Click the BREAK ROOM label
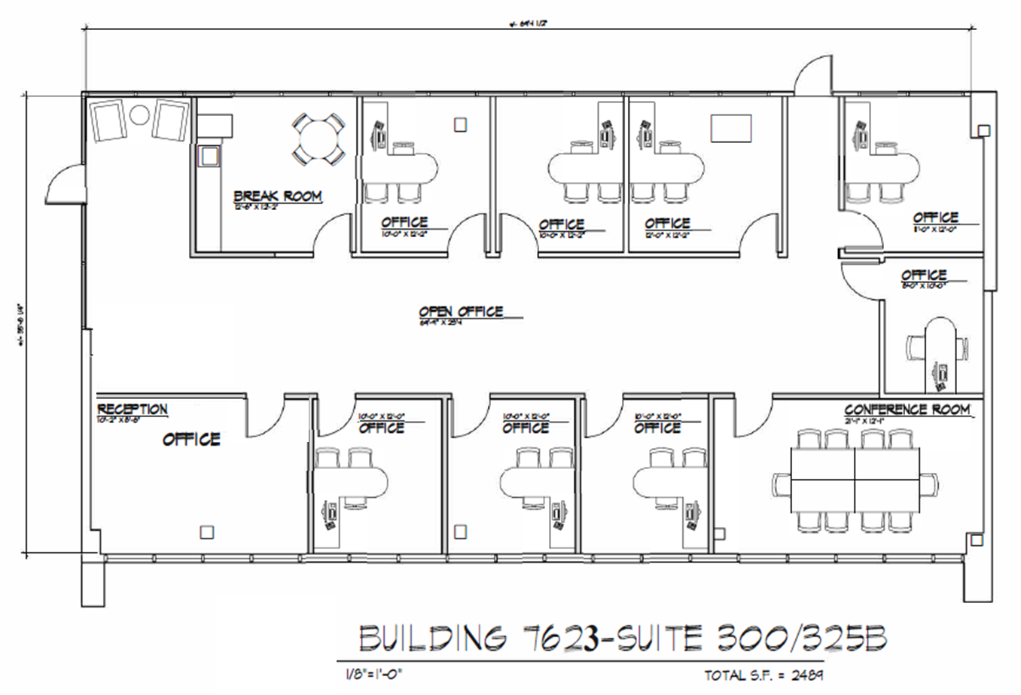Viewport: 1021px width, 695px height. point(278,197)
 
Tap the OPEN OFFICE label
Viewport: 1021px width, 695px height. point(461,311)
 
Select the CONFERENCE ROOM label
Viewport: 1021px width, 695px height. point(907,409)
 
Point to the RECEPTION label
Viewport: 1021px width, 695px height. point(133,409)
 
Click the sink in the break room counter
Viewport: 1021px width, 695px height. point(208,156)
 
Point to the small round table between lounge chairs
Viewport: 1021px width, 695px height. point(140,115)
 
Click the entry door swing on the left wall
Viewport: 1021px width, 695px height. point(66,183)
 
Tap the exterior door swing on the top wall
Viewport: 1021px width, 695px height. point(812,76)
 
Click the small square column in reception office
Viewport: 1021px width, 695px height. point(206,532)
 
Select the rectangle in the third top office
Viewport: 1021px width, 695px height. point(731,127)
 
